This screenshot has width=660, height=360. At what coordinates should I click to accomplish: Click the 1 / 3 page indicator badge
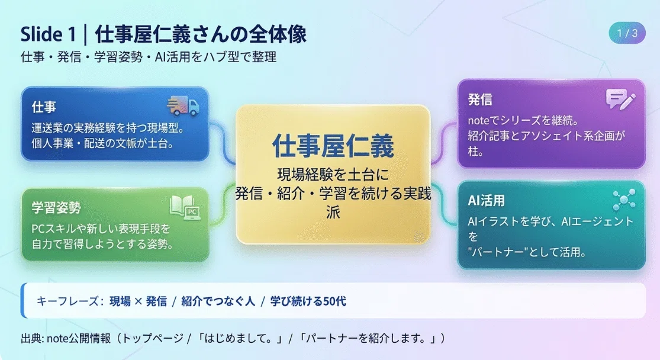tap(627, 33)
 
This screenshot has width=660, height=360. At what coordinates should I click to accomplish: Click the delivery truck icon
tap(183, 105)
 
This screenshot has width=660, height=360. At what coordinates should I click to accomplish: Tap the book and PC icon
tap(185, 208)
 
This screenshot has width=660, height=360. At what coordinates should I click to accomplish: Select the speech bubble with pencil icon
tap(620, 99)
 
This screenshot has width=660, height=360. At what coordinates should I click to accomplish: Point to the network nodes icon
tap(624, 199)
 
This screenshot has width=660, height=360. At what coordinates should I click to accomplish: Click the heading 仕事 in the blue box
tap(44, 107)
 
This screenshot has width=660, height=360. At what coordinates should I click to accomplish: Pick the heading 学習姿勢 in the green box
tap(56, 208)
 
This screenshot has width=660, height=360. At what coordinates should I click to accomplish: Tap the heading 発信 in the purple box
tap(480, 99)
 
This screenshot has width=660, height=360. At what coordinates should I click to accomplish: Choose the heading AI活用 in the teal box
tap(486, 200)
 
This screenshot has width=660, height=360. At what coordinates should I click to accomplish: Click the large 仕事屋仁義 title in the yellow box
tap(333, 146)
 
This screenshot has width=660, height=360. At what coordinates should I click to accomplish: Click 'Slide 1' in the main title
tap(47, 34)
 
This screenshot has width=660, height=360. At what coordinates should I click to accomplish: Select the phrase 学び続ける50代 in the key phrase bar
tap(308, 301)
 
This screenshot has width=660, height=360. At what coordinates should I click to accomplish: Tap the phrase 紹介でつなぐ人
tap(218, 301)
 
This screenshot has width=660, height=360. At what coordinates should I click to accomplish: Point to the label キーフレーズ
tap(67, 301)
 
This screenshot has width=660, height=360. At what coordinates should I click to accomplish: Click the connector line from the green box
tap(222, 204)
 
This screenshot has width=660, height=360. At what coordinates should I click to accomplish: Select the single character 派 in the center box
tap(333, 212)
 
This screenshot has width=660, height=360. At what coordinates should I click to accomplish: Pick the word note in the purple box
tap(479, 120)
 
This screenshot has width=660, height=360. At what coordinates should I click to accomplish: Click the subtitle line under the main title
tap(149, 57)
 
